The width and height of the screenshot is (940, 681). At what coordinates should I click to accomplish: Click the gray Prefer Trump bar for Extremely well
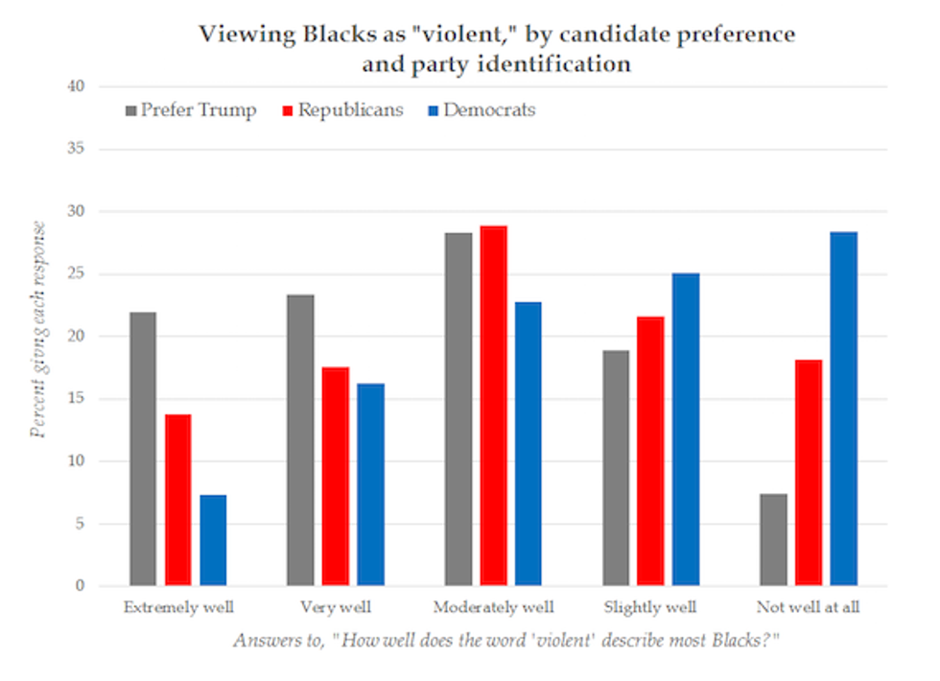(143, 448)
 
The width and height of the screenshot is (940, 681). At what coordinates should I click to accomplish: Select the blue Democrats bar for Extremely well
(213, 540)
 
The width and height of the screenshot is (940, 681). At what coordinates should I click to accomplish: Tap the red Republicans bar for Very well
(336, 476)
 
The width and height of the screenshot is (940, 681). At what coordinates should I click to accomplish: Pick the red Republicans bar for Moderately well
(493, 405)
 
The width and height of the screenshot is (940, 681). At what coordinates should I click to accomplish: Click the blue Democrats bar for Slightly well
(685, 429)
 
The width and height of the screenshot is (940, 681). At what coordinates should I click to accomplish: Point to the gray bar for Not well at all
(773, 539)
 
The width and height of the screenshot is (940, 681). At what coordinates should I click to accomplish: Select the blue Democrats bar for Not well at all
(843, 408)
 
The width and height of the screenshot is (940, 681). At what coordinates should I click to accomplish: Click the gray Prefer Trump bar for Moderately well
(458, 409)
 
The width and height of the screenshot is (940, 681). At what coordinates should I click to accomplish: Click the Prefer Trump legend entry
(191, 109)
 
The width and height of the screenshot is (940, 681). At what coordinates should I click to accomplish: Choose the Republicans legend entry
(341, 109)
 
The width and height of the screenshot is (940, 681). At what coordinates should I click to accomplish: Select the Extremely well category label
(178, 607)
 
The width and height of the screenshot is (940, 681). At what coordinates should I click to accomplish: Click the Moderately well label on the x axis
(493, 607)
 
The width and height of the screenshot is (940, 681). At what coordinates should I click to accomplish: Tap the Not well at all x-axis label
(808, 607)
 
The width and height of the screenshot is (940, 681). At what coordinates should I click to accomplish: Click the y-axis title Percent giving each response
(38, 329)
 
